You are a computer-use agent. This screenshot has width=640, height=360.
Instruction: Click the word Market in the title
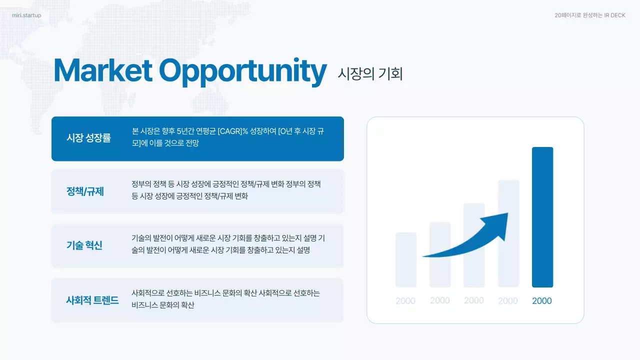tap(102, 71)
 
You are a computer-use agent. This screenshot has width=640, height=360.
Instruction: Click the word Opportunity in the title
tap(243, 72)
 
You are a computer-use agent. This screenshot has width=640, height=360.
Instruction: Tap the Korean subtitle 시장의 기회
tap(370, 74)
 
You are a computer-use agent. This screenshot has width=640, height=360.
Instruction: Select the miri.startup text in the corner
tap(26, 15)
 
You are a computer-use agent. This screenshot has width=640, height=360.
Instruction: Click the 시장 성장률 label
tap(88, 138)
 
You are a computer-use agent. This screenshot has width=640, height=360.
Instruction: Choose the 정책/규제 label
tap(85, 191)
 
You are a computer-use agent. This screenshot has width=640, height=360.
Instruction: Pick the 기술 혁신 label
tap(84, 245)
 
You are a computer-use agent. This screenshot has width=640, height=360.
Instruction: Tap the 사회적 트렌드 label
tap(92, 300)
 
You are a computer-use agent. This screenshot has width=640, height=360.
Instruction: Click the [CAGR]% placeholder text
tap(233, 131)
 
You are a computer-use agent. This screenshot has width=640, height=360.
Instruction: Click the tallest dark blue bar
tap(542, 217)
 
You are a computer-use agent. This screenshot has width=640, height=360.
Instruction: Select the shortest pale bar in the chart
tap(405, 260)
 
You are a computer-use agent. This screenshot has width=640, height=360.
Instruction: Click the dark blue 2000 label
tap(542, 301)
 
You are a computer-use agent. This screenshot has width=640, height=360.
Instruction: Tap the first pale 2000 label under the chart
tap(405, 301)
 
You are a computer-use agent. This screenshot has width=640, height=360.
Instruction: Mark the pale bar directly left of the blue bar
tap(508, 233)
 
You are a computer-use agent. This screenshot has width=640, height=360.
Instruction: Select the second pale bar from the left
tap(440, 254)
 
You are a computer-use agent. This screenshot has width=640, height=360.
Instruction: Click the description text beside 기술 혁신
tap(228, 244)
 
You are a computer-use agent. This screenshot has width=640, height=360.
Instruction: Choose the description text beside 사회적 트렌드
tap(225, 299)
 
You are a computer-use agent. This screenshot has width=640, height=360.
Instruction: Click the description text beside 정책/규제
tap(226, 190)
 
